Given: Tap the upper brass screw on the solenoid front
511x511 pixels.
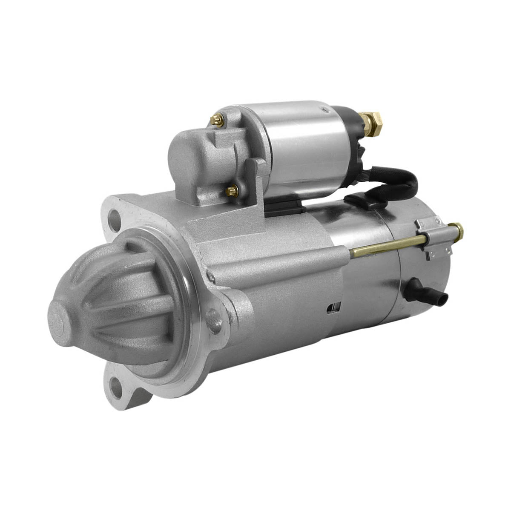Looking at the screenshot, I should pyautogui.click(x=218, y=121).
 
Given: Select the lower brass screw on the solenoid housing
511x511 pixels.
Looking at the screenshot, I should pyautogui.click(x=233, y=191).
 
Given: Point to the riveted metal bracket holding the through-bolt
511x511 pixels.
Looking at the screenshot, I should pyautogui.click(x=434, y=238).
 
